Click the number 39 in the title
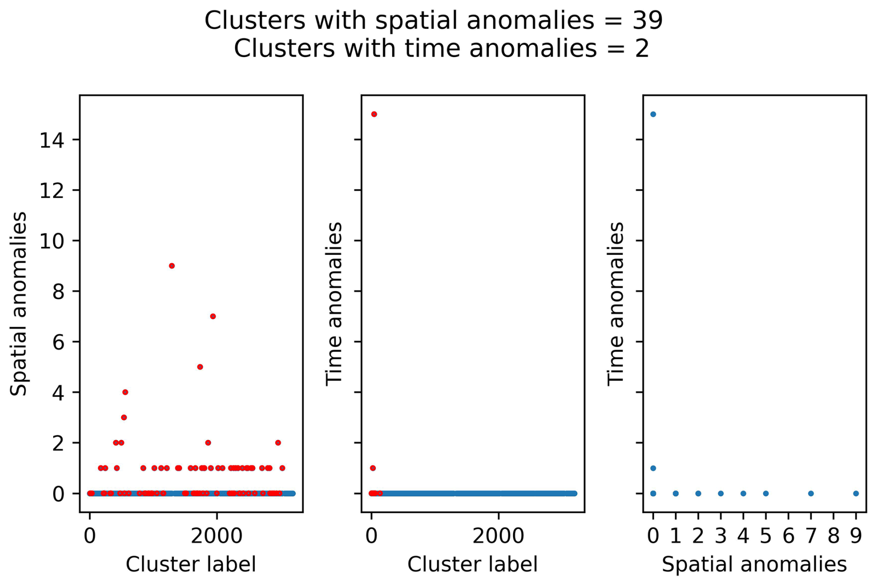pyautogui.click(x=648, y=21)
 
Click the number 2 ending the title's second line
pyautogui.click(x=642, y=49)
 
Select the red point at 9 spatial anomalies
pyautogui.click(x=172, y=266)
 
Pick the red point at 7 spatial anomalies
pyautogui.click(x=213, y=316)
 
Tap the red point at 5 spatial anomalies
pyautogui.click(x=200, y=367)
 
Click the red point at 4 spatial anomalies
pyautogui.click(x=125, y=392)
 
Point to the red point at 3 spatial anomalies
pyautogui.click(x=124, y=417)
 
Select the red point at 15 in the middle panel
pyautogui.click(x=374, y=114)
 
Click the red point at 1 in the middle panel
pyautogui.click(x=373, y=468)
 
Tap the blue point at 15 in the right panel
pyautogui.click(x=653, y=114)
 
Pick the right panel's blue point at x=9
pyautogui.click(x=856, y=494)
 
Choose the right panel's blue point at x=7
pyautogui.click(x=811, y=494)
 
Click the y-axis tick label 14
pyautogui.click(x=51, y=140)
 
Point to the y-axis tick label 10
pyautogui.click(x=51, y=241)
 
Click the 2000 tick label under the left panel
pyautogui.click(x=216, y=536)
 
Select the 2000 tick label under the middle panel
pyautogui.click(x=498, y=536)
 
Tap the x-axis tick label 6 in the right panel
pyautogui.click(x=788, y=536)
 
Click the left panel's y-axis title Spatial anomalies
pyautogui.click(x=19, y=304)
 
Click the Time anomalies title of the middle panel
pyautogui.click(x=334, y=304)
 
